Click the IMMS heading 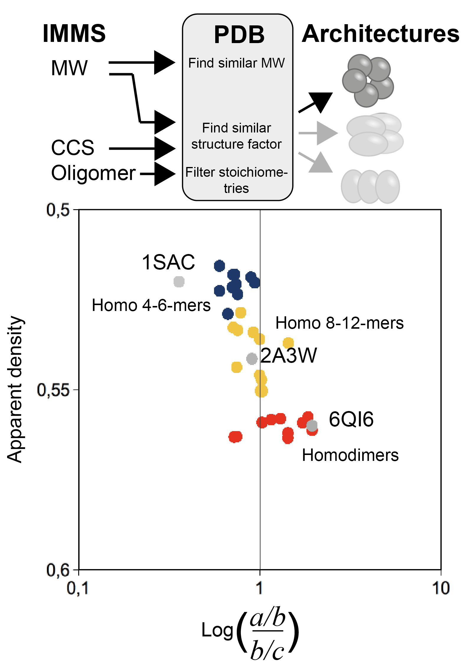point(74,33)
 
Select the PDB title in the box point(239,35)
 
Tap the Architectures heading point(380,34)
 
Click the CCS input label point(73,148)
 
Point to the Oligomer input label point(93,173)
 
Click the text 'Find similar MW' point(236,63)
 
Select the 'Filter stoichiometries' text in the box point(236,180)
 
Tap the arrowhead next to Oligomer point(164,174)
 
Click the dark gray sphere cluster point(368,80)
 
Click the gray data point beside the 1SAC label point(179,281)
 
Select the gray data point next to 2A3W point(252,359)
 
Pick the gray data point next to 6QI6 point(312,425)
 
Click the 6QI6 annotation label point(351,419)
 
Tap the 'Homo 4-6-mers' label point(151,305)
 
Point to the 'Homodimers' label point(350,455)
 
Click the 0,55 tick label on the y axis point(53,390)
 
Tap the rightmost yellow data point point(288,343)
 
